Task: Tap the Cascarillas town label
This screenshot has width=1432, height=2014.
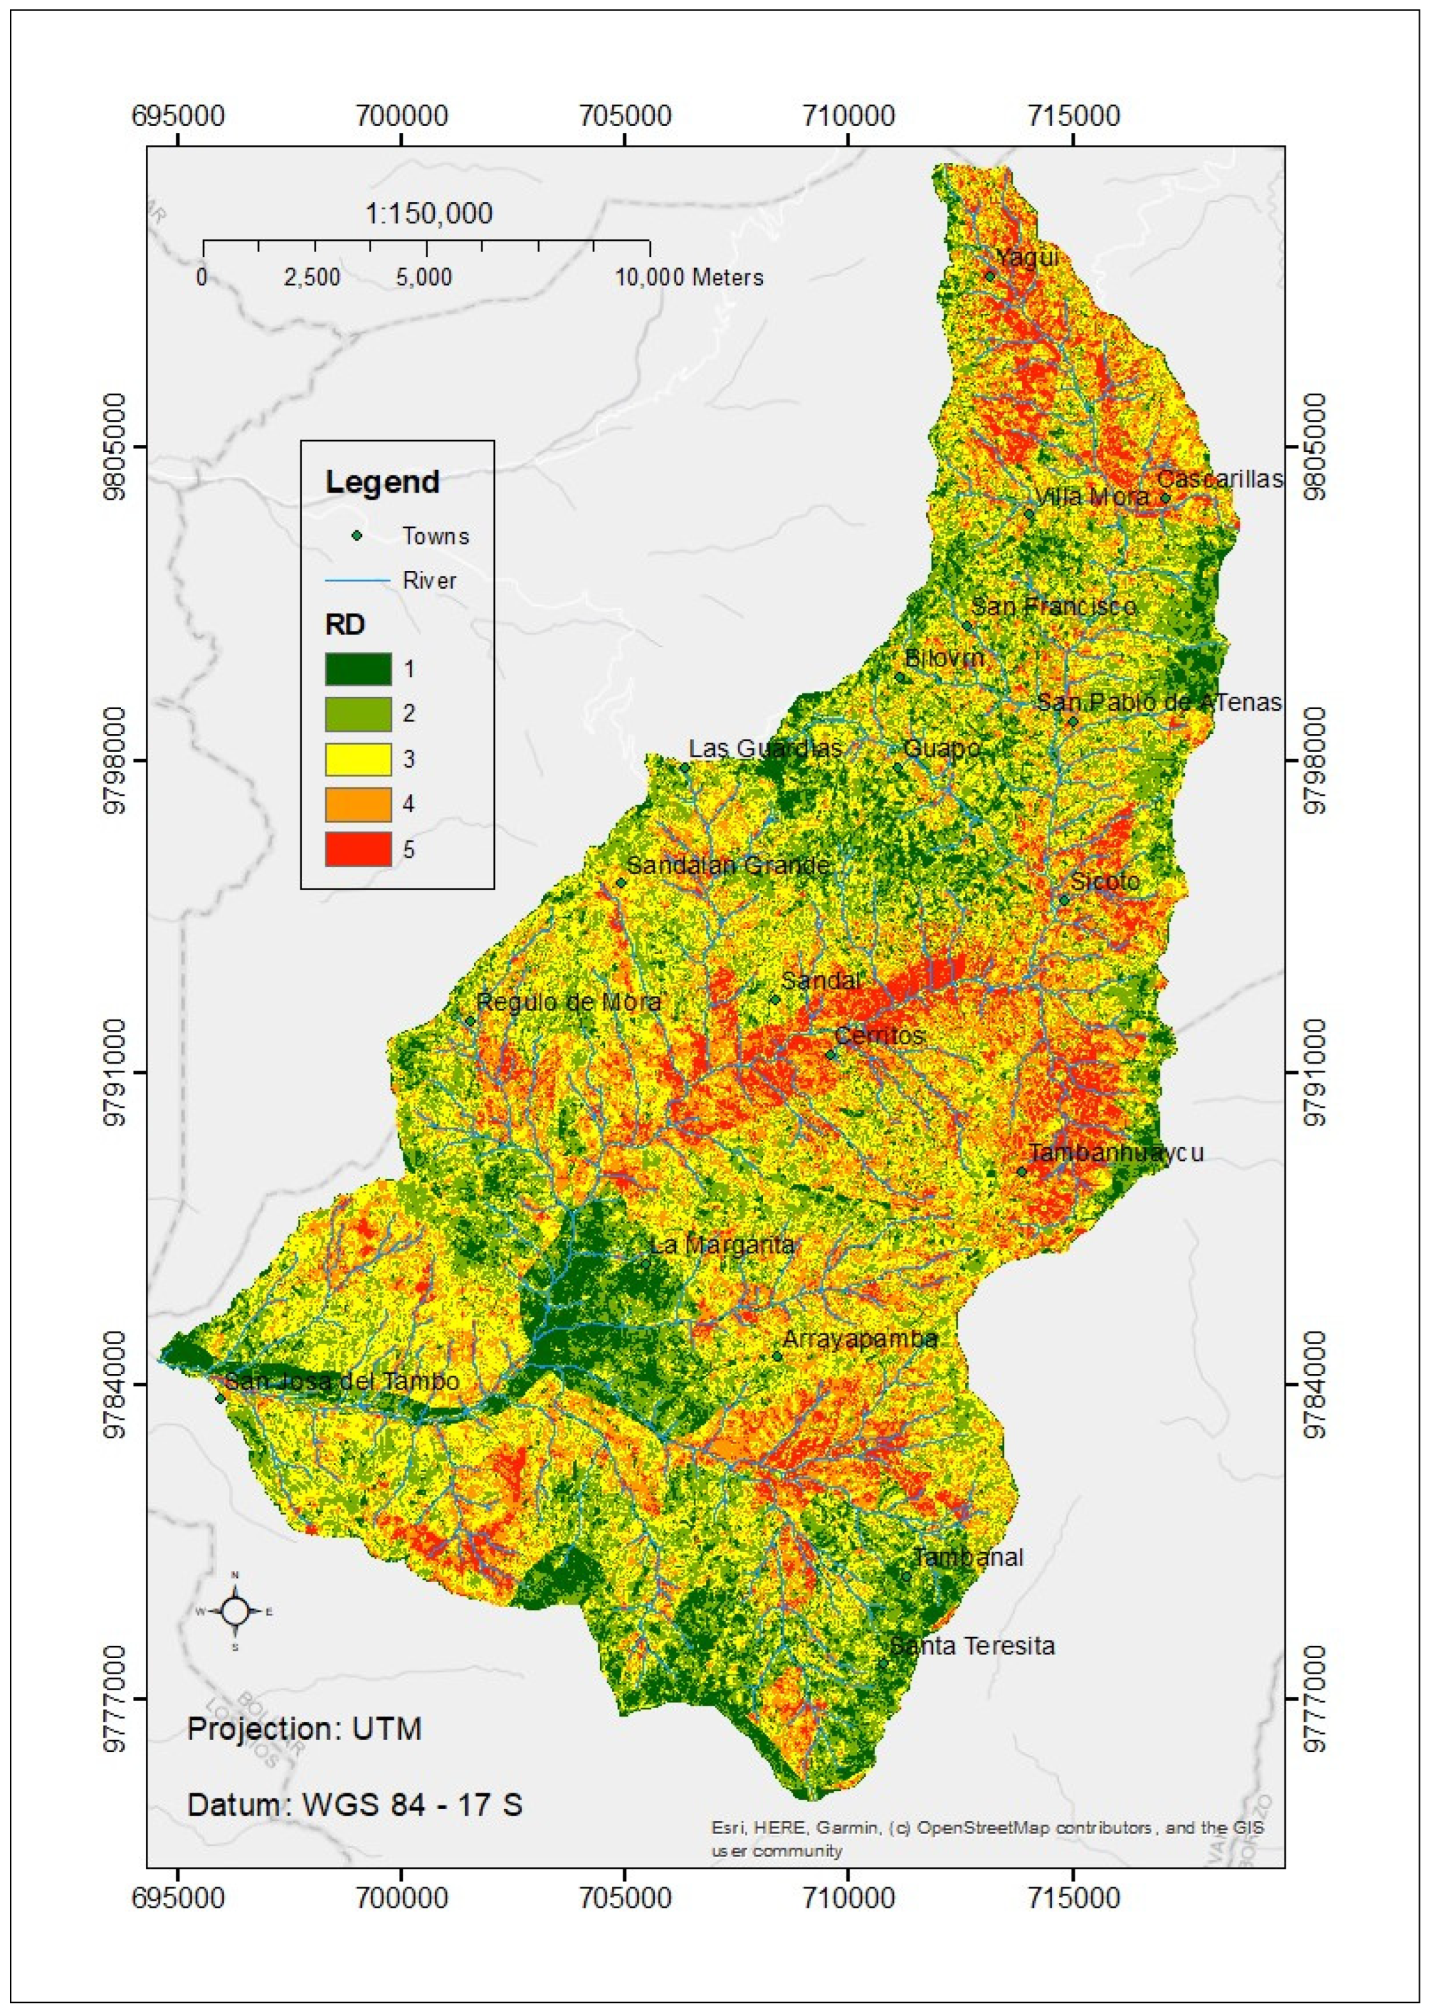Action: pyautogui.click(x=1219, y=479)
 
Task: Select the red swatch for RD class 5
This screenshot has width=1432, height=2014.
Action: pyautogui.click(x=358, y=849)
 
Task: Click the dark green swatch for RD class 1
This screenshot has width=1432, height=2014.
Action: pyautogui.click(x=358, y=668)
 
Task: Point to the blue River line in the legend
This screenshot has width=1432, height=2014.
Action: pyautogui.click(x=358, y=580)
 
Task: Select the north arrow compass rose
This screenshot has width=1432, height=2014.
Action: pyautogui.click(x=235, y=1611)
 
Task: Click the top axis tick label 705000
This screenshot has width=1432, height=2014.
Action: pyautogui.click(x=625, y=116)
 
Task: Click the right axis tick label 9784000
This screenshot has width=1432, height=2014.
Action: pyautogui.click(x=1315, y=1384)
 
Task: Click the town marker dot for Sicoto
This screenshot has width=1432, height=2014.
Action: pyautogui.click(x=1064, y=900)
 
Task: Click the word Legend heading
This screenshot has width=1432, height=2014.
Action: pyautogui.click(x=382, y=482)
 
